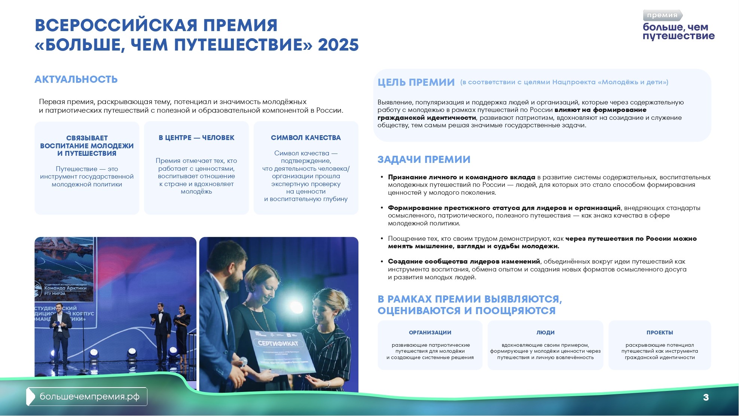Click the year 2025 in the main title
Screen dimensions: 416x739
pos(338,45)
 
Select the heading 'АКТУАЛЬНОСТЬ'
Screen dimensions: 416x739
pos(76,79)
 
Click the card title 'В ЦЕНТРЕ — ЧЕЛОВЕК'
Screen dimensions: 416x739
pos(196,138)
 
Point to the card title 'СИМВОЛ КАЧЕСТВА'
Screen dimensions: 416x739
pos(306,138)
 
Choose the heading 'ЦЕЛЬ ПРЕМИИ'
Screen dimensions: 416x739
pos(416,82)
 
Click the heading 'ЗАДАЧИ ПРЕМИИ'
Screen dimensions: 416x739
pos(424,160)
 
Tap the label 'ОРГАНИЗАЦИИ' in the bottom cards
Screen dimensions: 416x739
pos(430,333)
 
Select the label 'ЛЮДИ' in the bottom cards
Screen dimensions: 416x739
pos(545,333)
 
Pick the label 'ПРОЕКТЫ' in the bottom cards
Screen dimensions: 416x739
pos(660,333)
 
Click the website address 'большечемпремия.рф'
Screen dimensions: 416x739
pos(89,397)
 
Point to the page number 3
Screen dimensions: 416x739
pos(706,397)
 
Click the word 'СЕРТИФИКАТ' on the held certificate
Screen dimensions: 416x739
pos(278,343)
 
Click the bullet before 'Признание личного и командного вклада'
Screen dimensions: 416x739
pos(382,177)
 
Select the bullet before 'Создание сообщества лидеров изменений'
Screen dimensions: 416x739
pos(382,261)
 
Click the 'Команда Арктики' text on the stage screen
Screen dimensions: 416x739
pos(65,288)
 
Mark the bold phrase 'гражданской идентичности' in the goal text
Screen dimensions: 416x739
pos(427,118)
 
